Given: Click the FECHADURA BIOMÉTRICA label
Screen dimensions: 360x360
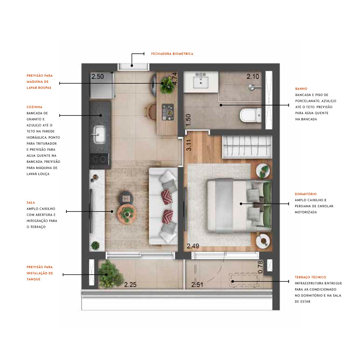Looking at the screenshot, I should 172,54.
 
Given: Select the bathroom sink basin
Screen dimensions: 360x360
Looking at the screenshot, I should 201,82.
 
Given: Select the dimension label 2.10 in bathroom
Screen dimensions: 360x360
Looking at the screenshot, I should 253,76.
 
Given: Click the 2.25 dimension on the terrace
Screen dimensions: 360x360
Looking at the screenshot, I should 130,285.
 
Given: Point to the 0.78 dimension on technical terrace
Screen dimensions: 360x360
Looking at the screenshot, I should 261,267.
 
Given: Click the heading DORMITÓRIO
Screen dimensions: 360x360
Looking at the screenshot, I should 305,194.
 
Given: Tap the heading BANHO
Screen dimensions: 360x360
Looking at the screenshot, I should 301,89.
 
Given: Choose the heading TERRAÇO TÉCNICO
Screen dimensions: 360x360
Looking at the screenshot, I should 310,277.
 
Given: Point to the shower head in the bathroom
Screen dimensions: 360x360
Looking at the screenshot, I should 251,86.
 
